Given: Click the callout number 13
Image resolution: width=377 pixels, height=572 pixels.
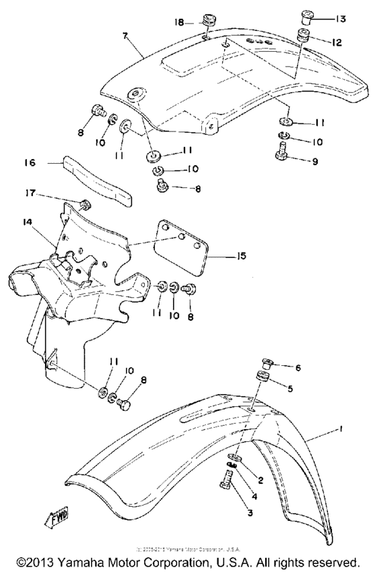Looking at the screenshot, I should (x=339, y=19).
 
